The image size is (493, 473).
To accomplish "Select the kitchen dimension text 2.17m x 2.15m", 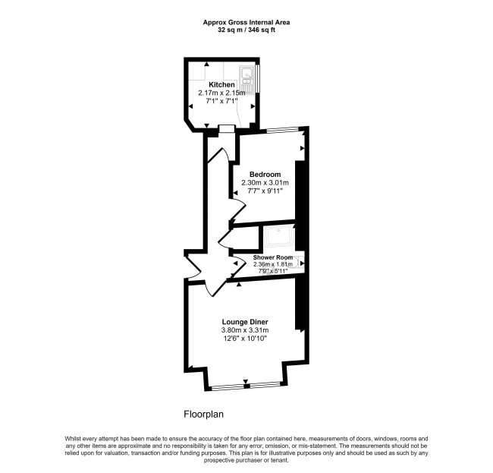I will point(221,93).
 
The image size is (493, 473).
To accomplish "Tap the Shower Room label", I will point(273,257).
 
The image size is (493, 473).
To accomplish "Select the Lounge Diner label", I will point(244,321).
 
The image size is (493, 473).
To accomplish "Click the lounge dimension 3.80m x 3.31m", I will point(244,330).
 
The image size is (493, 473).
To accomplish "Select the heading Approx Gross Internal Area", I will point(246,23).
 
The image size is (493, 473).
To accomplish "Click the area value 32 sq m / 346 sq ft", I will point(246,30).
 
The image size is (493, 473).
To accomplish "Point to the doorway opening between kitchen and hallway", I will point(224,128).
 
